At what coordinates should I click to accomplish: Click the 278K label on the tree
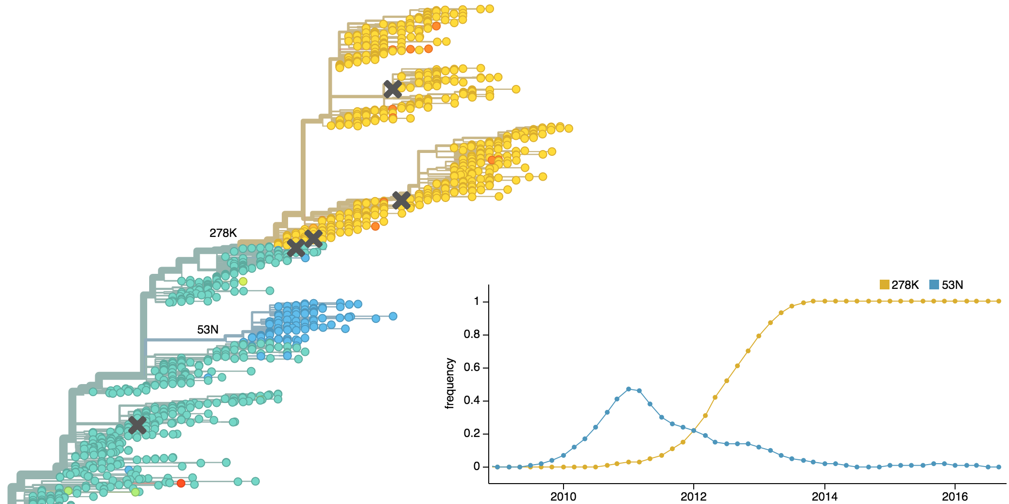click(x=223, y=233)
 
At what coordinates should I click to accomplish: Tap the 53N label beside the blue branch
click(x=207, y=330)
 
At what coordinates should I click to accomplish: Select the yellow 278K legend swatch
click(x=884, y=285)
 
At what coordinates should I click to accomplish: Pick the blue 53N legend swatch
click(x=934, y=285)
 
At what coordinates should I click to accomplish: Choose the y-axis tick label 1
click(x=477, y=302)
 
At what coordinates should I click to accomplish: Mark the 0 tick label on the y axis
click(x=477, y=467)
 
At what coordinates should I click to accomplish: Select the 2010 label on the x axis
click(x=564, y=496)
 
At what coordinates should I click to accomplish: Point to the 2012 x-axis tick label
click(x=694, y=496)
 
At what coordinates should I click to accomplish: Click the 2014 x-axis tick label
click(x=824, y=496)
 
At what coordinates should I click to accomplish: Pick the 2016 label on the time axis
click(x=955, y=496)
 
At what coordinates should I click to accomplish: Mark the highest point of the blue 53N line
click(x=629, y=389)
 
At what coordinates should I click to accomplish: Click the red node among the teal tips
click(x=181, y=483)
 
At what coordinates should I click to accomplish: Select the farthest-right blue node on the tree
click(x=393, y=316)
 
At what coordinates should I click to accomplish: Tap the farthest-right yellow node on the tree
click(x=569, y=129)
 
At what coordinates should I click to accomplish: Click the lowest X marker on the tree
click(x=137, y=425)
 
